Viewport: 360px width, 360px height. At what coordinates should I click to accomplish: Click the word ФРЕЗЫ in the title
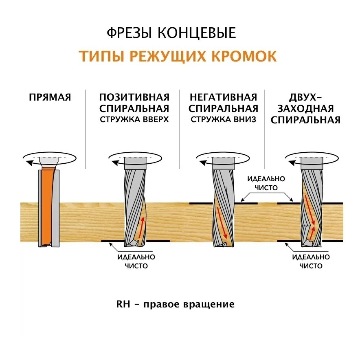pos(129,33)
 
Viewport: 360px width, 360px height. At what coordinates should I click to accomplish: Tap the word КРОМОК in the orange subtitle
pos(244,56)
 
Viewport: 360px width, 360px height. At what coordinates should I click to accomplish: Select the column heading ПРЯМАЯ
pos(50,97)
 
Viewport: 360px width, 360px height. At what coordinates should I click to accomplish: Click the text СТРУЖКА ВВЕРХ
pos(134,120)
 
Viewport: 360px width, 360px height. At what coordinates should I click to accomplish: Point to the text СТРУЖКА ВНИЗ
pos(223,120)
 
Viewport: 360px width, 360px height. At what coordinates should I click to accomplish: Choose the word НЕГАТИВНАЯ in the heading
pos(223,97)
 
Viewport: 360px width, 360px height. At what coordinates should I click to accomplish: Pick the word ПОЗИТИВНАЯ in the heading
pos(134,97)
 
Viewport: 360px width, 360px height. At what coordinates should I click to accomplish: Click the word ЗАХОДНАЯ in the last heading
pos(305,109)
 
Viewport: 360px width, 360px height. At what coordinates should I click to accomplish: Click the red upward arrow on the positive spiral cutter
pos(141,227)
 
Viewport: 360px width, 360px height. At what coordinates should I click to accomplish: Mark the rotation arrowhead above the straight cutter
pos(29,163)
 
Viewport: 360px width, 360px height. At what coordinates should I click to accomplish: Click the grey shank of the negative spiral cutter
pos(223,163)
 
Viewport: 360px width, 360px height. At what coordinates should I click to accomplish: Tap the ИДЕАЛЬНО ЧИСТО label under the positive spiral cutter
pos(136,261)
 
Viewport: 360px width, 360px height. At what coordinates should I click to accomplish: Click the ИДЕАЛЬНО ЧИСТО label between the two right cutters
pos(266,183)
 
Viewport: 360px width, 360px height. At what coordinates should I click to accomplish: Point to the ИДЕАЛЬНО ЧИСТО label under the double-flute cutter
pos(311,261)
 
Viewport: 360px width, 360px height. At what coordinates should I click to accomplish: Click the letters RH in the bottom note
pos(123,304)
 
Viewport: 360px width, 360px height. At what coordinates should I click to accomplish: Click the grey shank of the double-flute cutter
pos(312,163)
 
